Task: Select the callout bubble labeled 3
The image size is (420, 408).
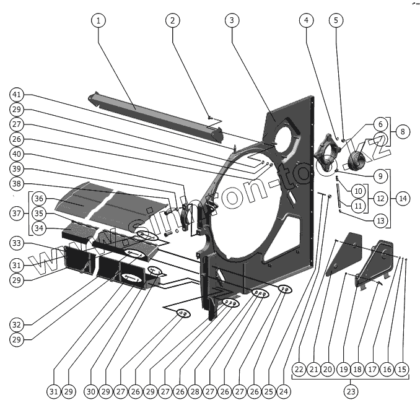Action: click(231, 20)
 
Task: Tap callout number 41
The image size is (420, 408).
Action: click(17, 95)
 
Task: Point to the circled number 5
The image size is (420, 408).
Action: click(336, 20)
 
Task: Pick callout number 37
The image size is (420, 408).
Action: click(17, 213)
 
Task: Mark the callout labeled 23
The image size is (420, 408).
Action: click(351, 391)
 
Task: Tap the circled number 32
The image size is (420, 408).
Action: click(17, 324)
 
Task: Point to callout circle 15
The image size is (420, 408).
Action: click(403, 370)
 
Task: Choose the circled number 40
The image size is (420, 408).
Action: click(17, 155)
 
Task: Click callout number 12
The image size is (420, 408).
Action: click(380, 199)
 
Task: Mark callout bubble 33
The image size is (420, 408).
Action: click(17, 242)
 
